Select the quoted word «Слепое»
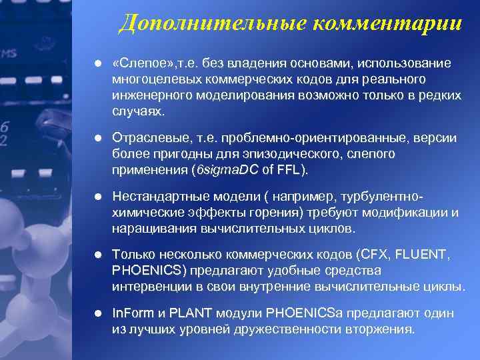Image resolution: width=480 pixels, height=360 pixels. [143, 63]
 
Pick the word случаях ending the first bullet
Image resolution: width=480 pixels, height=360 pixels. [137, 111]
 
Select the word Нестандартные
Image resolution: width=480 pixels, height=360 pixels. [157, 197]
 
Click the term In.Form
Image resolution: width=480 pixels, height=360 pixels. [133, 313]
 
